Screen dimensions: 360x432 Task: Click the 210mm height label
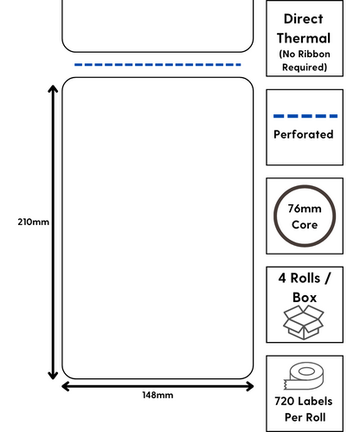tap(33, 222)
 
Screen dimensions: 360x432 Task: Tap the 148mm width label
tap(157, 395)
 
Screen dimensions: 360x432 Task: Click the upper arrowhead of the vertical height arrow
tap(53, 88)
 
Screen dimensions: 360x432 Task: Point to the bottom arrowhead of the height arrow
tap(53, 375)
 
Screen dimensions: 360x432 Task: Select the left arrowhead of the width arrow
tap(66, 386)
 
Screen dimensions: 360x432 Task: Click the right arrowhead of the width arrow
tap(250, 386)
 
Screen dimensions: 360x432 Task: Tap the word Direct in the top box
tap(304, 19)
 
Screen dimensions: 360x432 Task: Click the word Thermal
tap(304, 38)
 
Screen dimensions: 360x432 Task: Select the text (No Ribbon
tap(305, 54)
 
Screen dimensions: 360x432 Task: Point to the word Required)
tap(305, 68)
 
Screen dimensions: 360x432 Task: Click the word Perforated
tap(304, 134)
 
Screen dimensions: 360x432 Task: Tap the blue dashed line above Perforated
tap(305, 116)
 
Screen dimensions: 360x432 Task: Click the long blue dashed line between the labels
tap(157, 65)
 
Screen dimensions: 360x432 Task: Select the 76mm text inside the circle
tap(305, 209)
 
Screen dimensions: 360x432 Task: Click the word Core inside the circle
tap(305, 225)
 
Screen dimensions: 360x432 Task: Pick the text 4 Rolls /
tap(305, 278)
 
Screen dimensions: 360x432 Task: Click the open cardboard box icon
tap(304, 323)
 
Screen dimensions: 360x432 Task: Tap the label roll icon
tap(304, 376)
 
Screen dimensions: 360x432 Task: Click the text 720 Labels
tap(304, 401)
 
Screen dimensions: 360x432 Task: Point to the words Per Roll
tap(305, 417)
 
